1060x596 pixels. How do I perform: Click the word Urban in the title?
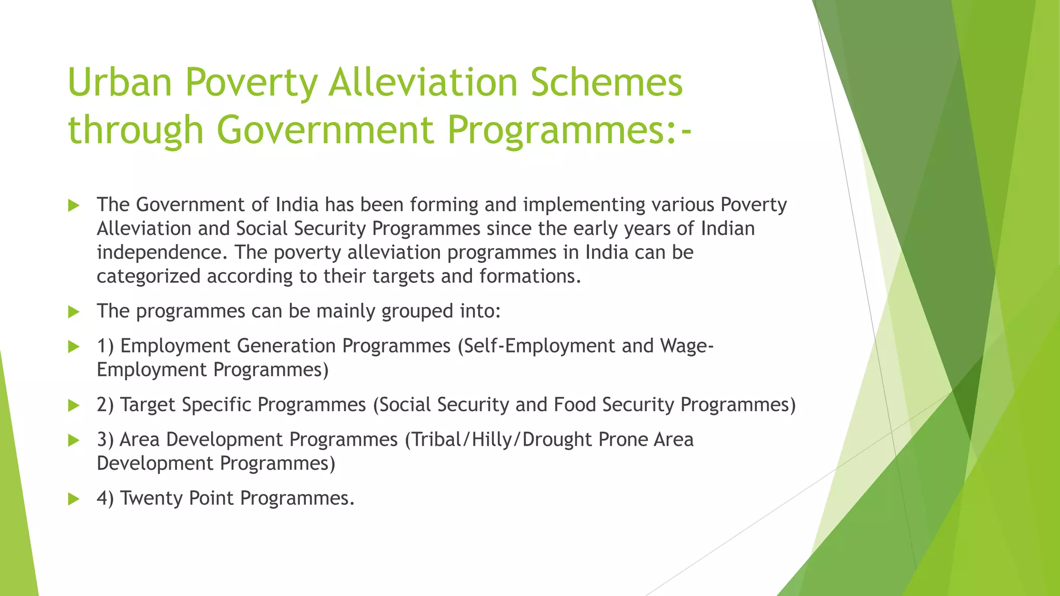click(120, 82)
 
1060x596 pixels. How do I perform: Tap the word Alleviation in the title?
click(423, 82)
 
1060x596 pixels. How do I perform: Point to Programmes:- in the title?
click(569, 129)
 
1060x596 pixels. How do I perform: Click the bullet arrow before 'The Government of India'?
click(73, 206)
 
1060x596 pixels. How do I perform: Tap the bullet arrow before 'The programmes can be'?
click(73, 312)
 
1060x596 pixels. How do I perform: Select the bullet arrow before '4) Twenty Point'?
click(73, 499)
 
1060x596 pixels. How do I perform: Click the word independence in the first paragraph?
click(162, 252)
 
